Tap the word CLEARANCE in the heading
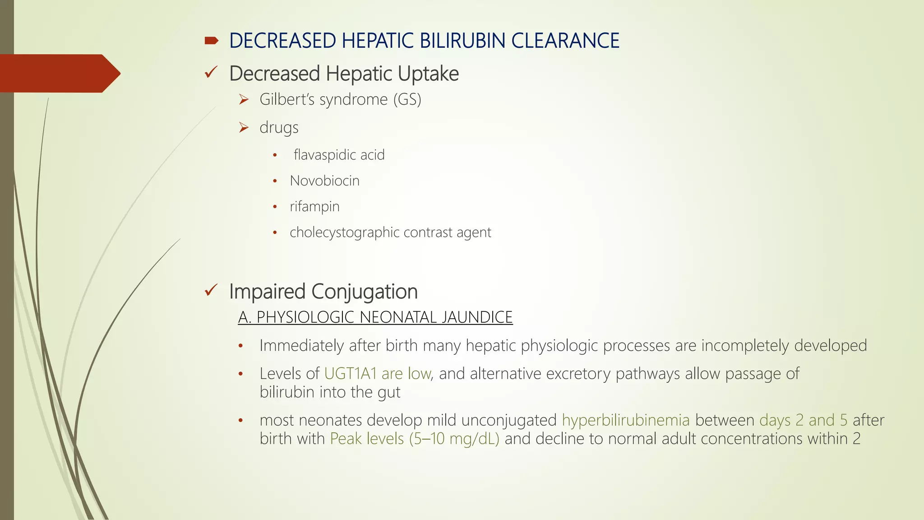pyautogui.click(x=565, y=41)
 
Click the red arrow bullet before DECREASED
pyautogui.click(x=211, y=41)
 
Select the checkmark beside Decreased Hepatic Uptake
pyautogui.click(x=211, y=72)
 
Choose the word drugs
pyautogui.click(x=279, y=128)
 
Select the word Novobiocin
pyautogui.click(x=324, y=181)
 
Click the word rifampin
pyautogui.click(x=314, y=207)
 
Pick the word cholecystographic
pyautogui.click(x=345, y=232)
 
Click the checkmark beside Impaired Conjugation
pyautogui.click(x=211, y=290)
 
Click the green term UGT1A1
pyautogui.click(x=350, y=374)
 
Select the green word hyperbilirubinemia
pyautogui.click(x=625, y=420)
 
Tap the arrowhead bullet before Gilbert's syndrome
pyautogui.click(x=244, y=99)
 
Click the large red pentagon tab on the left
pyautogui.click(x=59, y=73)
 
